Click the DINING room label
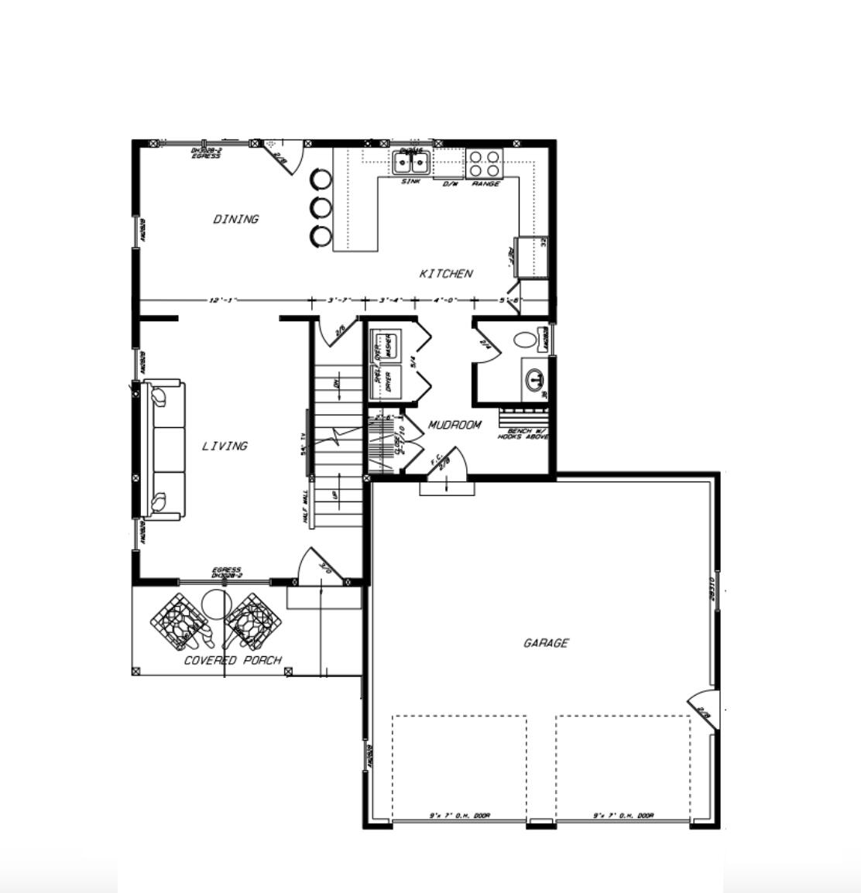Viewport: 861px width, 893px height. (236, 220)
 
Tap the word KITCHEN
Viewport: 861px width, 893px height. (446, 274)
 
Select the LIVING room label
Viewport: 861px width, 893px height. (225, 446)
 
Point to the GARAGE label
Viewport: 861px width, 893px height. (546, 643)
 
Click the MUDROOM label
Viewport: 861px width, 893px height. (455, 425)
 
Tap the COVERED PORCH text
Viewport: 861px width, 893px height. (232, 660)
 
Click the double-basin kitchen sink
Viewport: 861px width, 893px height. (411, 163)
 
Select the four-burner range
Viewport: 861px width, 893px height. (485, 163)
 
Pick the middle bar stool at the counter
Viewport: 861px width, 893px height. (321, 207)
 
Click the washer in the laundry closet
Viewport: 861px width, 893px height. (385, 344)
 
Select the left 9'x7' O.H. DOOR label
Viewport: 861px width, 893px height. (460, 816)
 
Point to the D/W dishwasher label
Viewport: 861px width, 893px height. (450, 184)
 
